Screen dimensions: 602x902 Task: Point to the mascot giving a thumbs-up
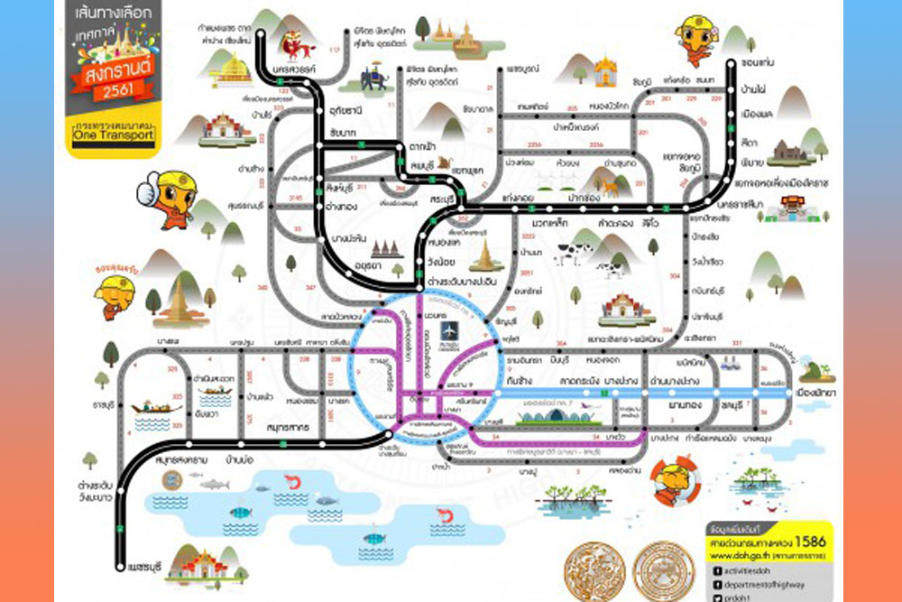click(x=166, y=198)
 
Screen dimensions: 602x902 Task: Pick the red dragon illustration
click(x=292, y=42)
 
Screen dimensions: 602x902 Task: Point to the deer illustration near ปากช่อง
click(x=612, y=186)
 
